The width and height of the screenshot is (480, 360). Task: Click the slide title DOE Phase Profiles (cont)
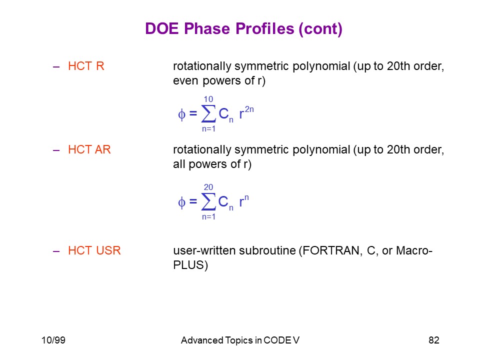point(243,29)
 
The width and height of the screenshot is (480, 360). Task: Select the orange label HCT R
point(86,66)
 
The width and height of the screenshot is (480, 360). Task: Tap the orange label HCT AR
point(89,149)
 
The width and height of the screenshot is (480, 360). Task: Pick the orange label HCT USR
point(94,250)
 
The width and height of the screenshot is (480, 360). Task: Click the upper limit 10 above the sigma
point(208,99)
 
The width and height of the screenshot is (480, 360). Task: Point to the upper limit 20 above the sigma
point(208,187)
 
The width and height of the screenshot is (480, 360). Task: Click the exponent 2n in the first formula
point(249,109)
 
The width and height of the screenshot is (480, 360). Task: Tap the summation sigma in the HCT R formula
point(208,114)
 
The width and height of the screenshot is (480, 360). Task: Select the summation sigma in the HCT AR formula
point(208,201)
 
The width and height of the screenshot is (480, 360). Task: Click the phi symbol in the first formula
point(181,115)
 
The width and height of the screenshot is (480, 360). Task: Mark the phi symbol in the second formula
point(181,202)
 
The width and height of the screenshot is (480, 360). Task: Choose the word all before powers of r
point(179,164)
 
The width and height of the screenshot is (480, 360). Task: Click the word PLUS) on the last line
point(190,265)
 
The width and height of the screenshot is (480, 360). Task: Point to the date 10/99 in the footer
point(53,340)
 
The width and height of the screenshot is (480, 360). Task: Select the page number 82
point(434,340)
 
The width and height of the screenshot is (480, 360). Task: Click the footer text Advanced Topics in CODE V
point(240,340)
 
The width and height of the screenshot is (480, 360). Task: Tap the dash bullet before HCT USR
point(56,251)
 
